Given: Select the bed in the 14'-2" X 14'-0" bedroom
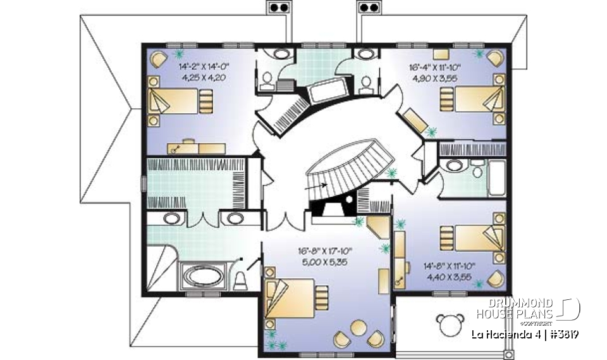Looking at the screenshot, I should pyautogui.click(x=180, y=100).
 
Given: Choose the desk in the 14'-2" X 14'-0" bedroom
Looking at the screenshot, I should pyautogui.click(x=196, y=147).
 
